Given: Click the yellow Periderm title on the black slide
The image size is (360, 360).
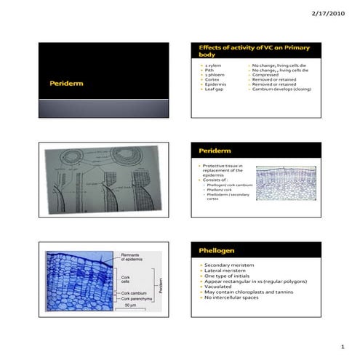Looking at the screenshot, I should pos(63,84).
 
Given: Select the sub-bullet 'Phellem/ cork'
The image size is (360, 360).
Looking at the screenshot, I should pos(220,189).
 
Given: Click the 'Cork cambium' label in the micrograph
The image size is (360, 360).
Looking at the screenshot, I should pos(135,292).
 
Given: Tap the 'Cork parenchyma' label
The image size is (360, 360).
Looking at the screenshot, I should pos(137,299).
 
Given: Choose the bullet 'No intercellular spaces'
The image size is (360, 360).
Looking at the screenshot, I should pos(236,297).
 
